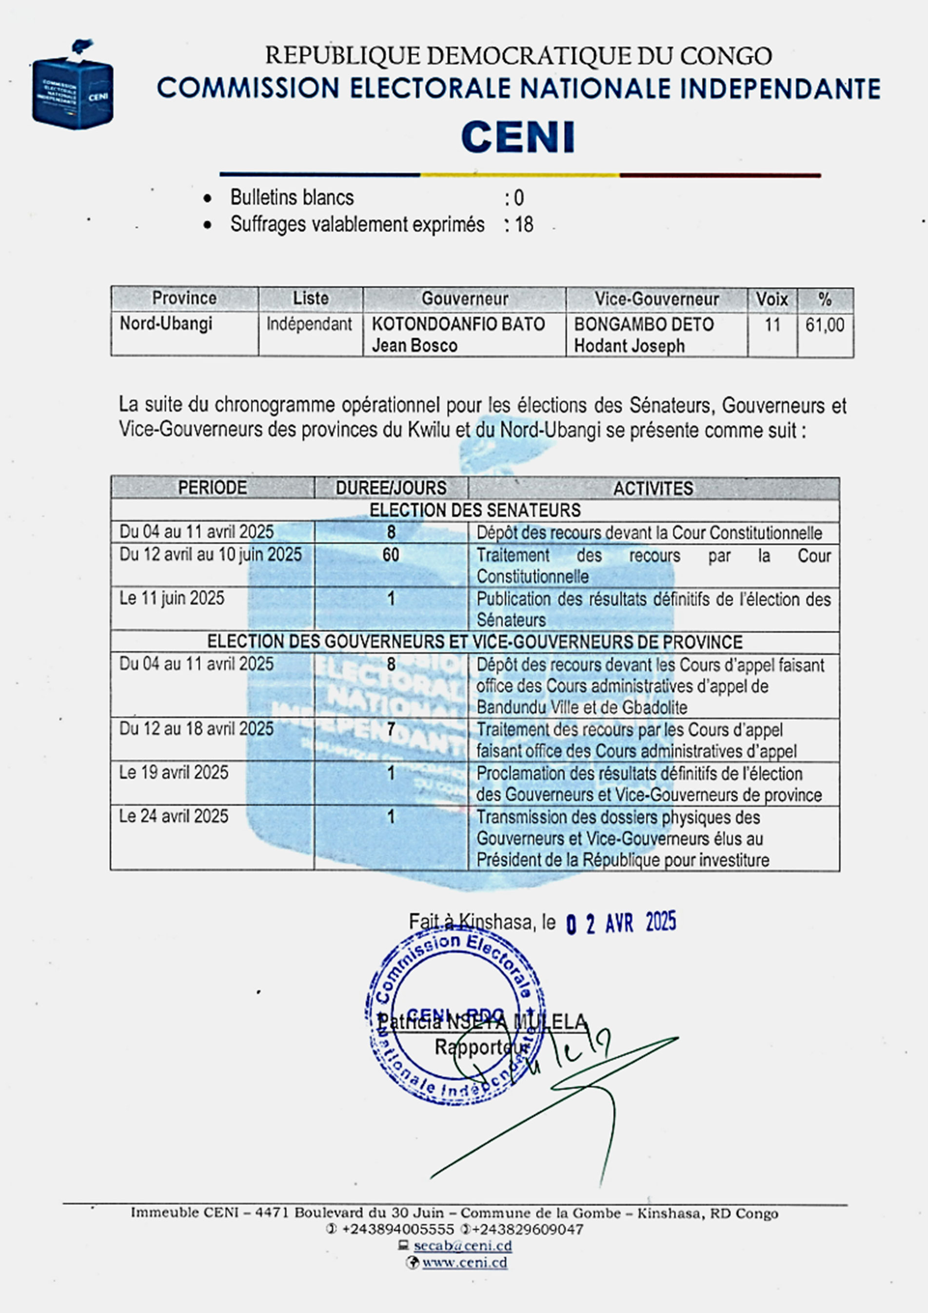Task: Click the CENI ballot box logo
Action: click(72, 86)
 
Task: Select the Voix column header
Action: click(771, 299)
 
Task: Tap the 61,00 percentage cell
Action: click(825, 325)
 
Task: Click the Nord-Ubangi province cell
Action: click(166, 324)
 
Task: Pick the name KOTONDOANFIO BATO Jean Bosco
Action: click(458, 335)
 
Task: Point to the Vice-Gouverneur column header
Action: click(656, 299)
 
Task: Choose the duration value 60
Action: click(391, 555)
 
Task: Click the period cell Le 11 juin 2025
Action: click(172, 599)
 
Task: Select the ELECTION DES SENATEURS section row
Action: click(474, 510)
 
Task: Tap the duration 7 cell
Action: click(391, 730)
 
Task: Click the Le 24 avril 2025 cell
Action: click(174, 816)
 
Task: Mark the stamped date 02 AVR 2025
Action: click(621, 922)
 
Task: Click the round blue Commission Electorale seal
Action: click(454, 1017)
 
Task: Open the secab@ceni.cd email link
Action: click(463, 1246)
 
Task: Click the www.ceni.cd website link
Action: click(464, 1263)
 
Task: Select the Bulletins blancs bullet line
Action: click(292, 198)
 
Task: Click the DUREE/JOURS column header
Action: click(391, 488)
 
